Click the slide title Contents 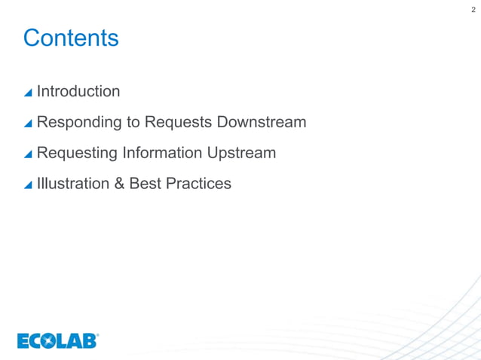pyautogui.click(x=71, y=38)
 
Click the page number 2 pyautogui.click(x=473, y=9)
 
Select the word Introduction pyautogui.click(x=78, y=91)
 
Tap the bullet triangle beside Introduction pyautogui.click(x=28, y=93)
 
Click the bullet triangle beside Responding pyautogui.click(x=28, y=124)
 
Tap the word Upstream pyautogui.click(x=244, y=153)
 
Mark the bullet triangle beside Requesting pyautogui.click(x=28, y=154)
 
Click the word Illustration pyautogui.click(x=72, y=183)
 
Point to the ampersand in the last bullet pyautogui.click(x=119, y=183)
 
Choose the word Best pyautogui.click(x=146, y=183)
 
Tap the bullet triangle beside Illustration pyautogui.click(x=28, y=185)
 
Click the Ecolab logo pyautogui.click(x=58, y=341)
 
